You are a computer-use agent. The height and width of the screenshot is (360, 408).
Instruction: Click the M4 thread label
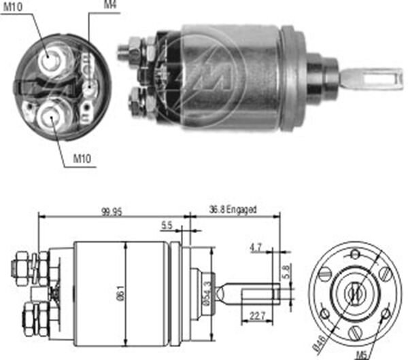[x=109, y=5]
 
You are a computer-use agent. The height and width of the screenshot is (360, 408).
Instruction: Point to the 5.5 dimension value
[x=167, y=226]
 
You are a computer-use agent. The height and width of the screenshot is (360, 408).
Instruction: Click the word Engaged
[x=241, y=210]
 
